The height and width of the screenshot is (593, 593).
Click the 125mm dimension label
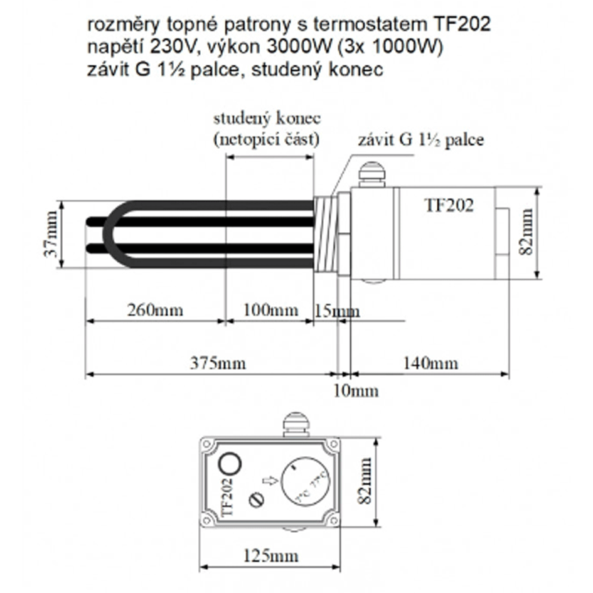[270, 555]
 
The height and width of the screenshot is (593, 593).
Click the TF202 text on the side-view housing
[449, 205]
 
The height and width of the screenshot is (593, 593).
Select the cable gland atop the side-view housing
[370, 174]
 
